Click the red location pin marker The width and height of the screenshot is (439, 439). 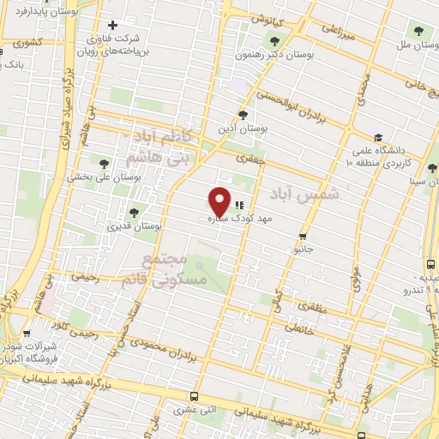tap(219, 201)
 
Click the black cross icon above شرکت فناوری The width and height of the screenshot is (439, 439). tap(111, 25)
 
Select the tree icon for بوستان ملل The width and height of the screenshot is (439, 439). tap(418, 32)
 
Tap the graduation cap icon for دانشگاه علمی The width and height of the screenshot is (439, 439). tap(377, 136)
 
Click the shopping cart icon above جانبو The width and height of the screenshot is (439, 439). tap(303, 236)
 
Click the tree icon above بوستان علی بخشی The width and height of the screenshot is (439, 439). tap(104, 163)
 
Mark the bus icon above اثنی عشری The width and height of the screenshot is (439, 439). tap(194, 397)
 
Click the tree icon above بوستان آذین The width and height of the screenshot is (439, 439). tap(243, 114)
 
